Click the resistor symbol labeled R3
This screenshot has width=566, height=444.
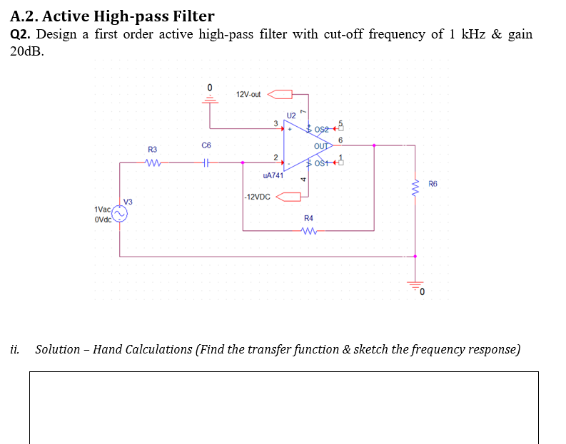coord(152,162)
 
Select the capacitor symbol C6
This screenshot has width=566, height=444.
coord(206,162)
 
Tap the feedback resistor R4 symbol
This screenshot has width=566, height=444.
coord(308,230)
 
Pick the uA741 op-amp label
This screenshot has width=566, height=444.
coord(273,175)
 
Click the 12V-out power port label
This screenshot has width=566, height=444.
coord(248,94)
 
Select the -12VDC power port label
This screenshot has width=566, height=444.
coord(257,196)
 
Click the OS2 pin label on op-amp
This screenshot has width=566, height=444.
coord(323,129)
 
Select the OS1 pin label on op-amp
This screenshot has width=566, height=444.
coord(323,163)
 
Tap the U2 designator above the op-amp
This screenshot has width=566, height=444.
coord(290,115)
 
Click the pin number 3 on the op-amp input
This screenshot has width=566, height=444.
coord(276,124)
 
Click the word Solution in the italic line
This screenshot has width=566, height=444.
coord(58,349)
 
